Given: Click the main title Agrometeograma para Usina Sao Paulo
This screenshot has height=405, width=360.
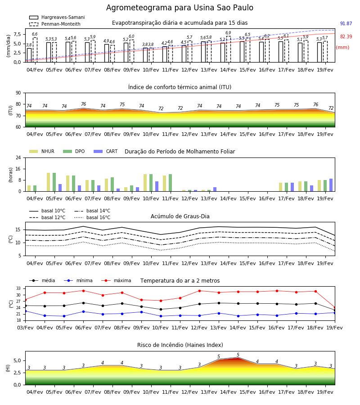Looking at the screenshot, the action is [180, 8].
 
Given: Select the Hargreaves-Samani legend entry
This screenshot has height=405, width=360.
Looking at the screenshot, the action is [57, 17].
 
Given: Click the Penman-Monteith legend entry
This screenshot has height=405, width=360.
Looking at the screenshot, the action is [55, 24].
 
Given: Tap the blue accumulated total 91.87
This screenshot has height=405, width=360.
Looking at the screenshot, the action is [346, 23].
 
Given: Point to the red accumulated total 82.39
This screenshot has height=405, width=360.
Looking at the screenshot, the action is [346, 36].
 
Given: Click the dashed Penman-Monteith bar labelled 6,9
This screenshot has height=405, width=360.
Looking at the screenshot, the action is [229, 49].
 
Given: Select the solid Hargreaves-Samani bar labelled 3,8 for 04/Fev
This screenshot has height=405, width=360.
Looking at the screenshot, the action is [29, 55].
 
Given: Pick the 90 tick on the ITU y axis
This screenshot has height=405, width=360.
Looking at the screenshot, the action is [18, 93].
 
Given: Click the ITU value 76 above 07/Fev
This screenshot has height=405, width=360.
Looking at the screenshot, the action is [83, 104].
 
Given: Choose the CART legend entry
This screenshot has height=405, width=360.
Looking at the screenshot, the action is [106, 151].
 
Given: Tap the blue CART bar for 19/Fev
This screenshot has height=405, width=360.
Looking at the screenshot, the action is [331, 185].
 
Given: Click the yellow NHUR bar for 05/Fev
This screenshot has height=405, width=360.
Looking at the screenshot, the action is [48, 182].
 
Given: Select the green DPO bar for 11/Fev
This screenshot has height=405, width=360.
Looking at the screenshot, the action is [171, 183].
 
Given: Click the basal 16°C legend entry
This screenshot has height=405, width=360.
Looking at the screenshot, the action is [92, 217].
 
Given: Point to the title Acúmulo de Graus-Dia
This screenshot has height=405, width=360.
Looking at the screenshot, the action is [180, 216].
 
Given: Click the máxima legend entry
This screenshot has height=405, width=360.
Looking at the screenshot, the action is [116, 280].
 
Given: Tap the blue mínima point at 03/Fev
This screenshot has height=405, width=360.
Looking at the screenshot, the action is [25, 311].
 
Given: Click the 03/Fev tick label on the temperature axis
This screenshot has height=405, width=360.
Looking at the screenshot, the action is [25, 328].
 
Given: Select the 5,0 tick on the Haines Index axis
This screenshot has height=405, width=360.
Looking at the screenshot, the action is [18, 361].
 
